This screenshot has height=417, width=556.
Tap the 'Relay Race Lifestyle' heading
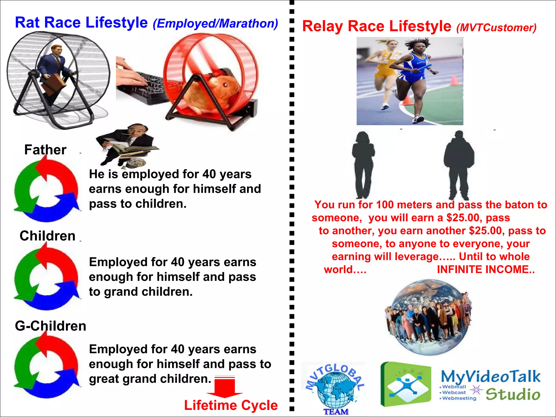coord(377,26)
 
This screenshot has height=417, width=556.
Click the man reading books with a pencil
coord(126,144)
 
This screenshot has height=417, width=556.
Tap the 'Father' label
coord(45,150)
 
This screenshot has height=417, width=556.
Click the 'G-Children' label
coord(50,326)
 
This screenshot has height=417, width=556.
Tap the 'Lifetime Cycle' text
coord(231,405)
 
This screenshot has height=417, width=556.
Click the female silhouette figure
coord(363,164)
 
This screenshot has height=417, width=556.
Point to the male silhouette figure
coord(459,164)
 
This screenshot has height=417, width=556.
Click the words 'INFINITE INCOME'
coord(485,270)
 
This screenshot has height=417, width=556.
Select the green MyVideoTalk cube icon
coord(406,384)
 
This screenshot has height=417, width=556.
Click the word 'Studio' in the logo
coord(513,394)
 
